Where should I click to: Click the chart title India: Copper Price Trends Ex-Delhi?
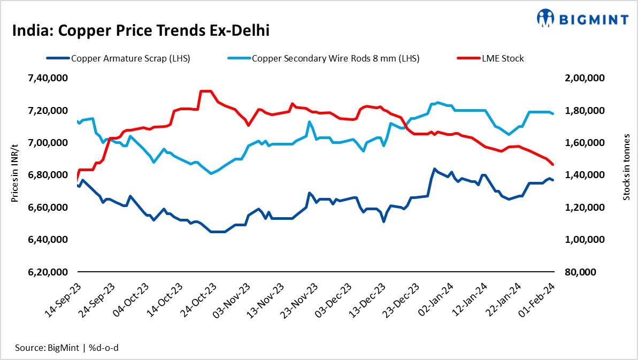tap(141, 30)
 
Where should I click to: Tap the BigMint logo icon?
tap(545, 18)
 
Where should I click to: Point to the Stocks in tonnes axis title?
tap(626, 174)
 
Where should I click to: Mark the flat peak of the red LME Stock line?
tap(206, 91)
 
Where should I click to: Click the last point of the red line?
tap(553, 165)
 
